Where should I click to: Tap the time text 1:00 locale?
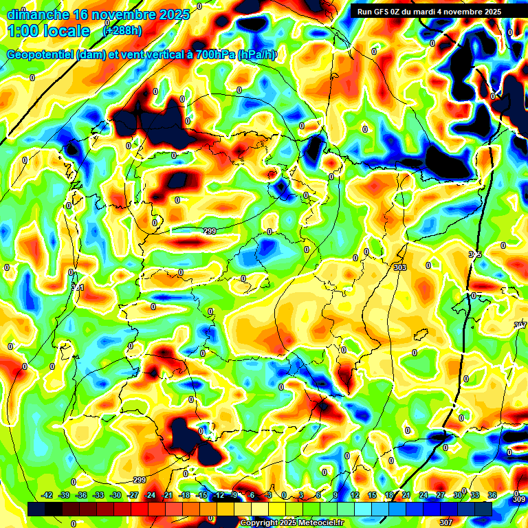[x=49, y=31]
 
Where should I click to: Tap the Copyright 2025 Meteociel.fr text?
[x=291, y=523]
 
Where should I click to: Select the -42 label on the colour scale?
[x=47, y=495]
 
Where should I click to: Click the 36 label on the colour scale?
[x=492, y=495]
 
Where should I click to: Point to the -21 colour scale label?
[x=167, y=495]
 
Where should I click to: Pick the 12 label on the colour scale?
[x=355, y=495]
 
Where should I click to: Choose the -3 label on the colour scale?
[x=269, y=495]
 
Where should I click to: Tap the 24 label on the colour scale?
[x=423, y=495]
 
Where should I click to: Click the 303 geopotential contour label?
[x=400, y=267]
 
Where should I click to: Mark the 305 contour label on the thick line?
[x=475, y=254]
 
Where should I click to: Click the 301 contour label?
[x=78, y=287]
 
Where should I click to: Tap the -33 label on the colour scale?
[x=98, y=495]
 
